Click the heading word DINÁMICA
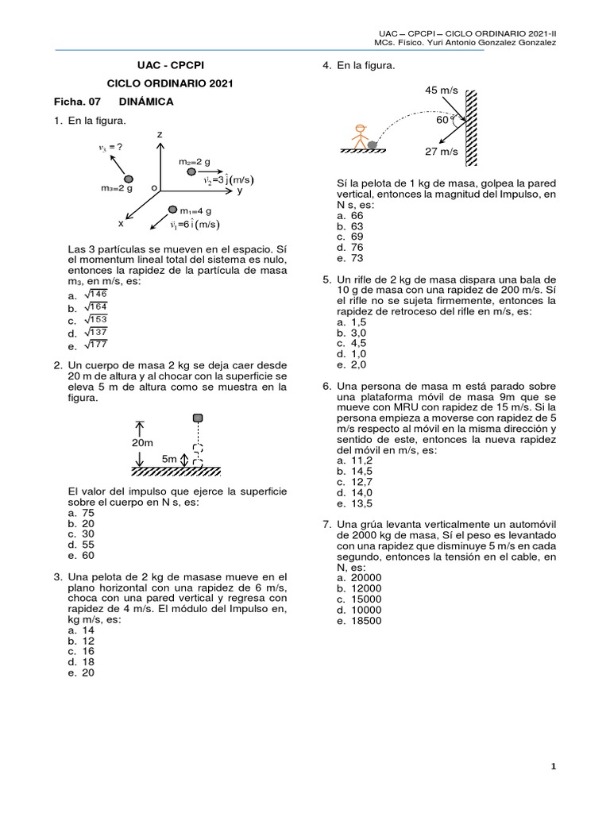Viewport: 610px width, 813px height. point(146,102)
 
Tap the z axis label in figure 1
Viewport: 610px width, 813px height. point(160,134)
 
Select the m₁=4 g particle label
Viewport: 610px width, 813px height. point(195,211)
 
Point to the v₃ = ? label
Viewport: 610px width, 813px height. point(110,147)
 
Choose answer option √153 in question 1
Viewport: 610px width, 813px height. point(96,319)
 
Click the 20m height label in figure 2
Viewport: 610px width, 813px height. point(142,443)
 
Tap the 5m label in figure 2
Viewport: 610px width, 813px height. point(169,459)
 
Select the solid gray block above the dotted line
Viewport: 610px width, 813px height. point(198,418)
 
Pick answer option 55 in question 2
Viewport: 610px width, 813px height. point(88,545)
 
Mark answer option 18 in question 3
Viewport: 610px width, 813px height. point(88,662)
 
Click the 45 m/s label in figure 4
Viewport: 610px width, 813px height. point(442,91)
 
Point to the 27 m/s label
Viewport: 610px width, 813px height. point(442,152)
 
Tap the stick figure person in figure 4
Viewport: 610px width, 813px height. point(360,137)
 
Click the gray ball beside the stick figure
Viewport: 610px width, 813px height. point(372,144)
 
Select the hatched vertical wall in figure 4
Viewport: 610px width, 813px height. point(471,128)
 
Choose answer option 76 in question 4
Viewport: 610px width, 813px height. point(357,248)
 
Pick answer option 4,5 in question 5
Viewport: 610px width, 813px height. point(358,343)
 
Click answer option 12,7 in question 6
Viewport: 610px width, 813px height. point(361,482)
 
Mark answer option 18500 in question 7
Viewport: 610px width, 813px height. point(366,621)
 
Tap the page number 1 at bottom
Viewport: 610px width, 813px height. point(554,766)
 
